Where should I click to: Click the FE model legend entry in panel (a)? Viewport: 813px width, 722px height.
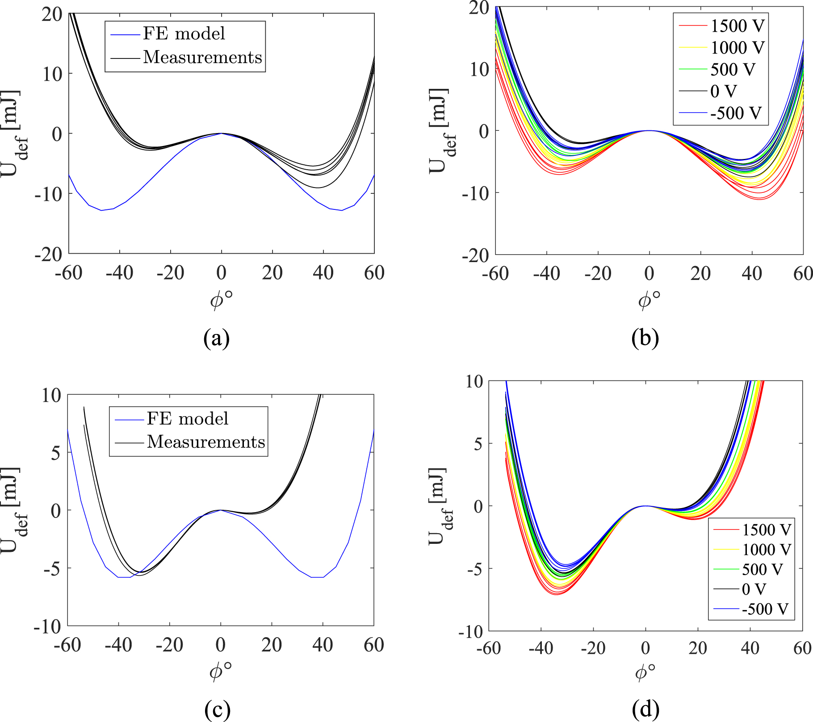tap(184, 33)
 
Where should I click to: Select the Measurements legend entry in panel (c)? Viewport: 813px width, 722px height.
tap(205, 442)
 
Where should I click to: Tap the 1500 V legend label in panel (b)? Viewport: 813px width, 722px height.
tap(738, 26)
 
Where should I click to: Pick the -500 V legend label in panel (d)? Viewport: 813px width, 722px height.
tap(765, 609)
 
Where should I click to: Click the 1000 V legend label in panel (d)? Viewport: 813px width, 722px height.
tap(766, 550)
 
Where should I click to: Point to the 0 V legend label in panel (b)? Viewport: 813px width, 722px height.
tap(723, 92)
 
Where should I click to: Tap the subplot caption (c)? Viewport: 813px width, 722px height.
tap(217, 709)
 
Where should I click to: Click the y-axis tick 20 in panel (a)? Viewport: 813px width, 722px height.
tap(52, 14)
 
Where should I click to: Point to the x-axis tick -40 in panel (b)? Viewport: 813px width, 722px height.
tap(546, 273)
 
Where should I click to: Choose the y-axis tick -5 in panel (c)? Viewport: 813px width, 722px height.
tap(51, 568)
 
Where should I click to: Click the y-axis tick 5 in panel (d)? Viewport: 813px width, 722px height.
tap(478, 444)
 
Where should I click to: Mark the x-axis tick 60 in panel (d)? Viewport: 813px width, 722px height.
tap(802, 648)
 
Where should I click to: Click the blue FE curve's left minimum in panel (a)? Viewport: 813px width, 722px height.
tap(101, 210)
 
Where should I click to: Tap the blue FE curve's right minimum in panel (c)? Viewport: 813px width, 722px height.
tap(317, 577)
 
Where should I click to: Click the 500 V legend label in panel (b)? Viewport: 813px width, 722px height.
tap(733, 70)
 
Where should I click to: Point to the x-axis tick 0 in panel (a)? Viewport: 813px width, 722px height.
tap(222, 273)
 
